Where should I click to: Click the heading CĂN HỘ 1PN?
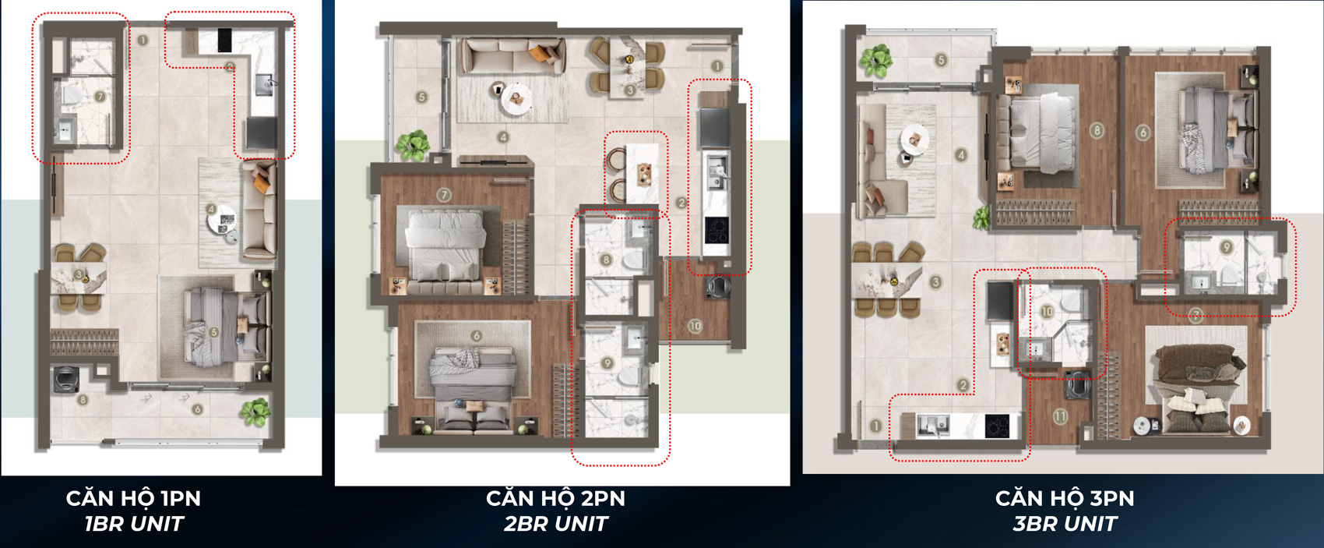coord(134,498)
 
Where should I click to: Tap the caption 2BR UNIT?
coord(555,524)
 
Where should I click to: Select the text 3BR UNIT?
coord(1065,524)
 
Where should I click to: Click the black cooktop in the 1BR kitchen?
coord(224,41)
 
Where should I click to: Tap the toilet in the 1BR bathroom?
coord(73,94)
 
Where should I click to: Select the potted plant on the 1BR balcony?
coord(255,412)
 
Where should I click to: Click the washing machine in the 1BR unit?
coord(65,380)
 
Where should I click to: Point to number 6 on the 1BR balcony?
coord(197,409)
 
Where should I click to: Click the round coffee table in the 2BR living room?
coord(516,99)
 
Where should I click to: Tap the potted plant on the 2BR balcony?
coord(412,146)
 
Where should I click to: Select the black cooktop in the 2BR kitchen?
coord(717,230)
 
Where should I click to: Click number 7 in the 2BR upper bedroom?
coord(443,195)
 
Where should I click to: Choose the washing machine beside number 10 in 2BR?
coord(717,286)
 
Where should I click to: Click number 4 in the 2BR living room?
coord(502,137)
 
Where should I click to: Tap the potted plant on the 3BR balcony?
coord(876,60)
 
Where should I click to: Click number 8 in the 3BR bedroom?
coord(1097,131)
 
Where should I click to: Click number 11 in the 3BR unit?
coord(1060,416)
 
